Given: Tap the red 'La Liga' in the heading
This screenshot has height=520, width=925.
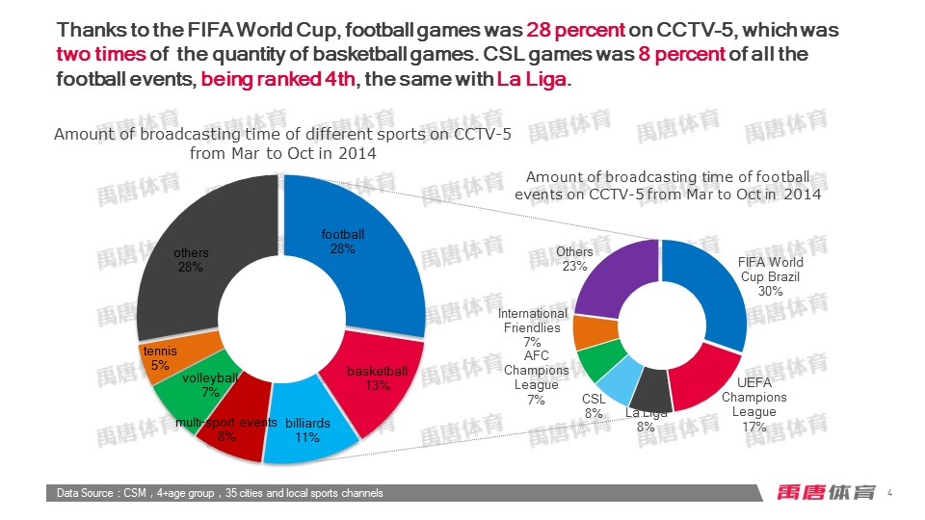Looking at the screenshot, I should [x=533, y=79].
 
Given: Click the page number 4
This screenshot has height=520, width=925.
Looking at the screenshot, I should [x=889, y=493].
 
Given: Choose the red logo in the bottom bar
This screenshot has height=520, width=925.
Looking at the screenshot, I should [x=826, y=492].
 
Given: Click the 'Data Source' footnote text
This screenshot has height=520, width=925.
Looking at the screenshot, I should [x=220, y=493].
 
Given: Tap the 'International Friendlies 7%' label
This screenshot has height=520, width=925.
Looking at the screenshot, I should [x=533, y=327].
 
